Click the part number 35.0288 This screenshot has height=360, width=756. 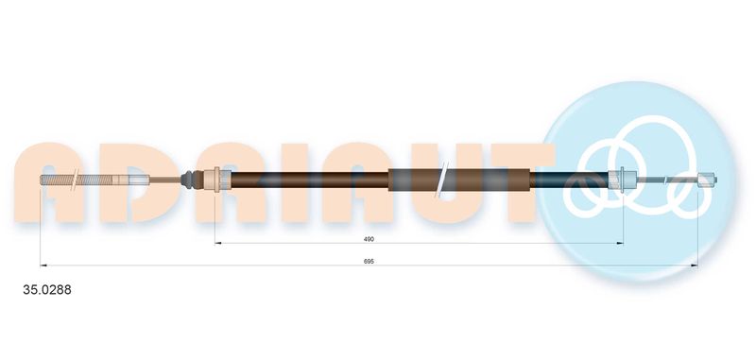coord(47,290)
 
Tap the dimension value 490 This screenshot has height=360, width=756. coord(369,239)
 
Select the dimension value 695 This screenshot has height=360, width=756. coord(369,261)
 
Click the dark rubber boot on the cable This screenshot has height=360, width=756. coord(188,180)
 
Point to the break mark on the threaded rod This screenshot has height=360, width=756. coord(75,180)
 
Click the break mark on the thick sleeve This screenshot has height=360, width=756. coord(440,180)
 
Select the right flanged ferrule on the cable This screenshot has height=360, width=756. coord(621,180)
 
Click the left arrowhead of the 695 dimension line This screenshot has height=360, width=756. coord(43,266)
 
